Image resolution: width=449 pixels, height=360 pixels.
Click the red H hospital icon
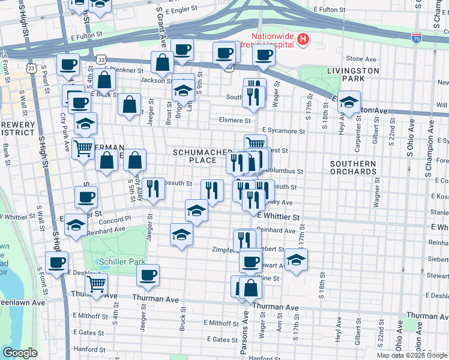coord(304,40)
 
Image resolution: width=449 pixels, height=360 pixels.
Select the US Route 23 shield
coord(32,69)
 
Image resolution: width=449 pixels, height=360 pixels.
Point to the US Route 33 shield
coord(101,60)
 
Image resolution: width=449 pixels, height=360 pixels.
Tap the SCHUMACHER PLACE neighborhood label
coord(194,156)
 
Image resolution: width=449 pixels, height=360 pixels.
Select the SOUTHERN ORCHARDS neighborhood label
coord(352,167)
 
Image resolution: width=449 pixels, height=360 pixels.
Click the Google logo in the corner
coord(20,352)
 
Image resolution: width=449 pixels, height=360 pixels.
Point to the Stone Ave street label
coord(361,59)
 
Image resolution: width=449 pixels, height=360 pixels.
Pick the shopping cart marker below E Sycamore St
coord(255,144)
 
